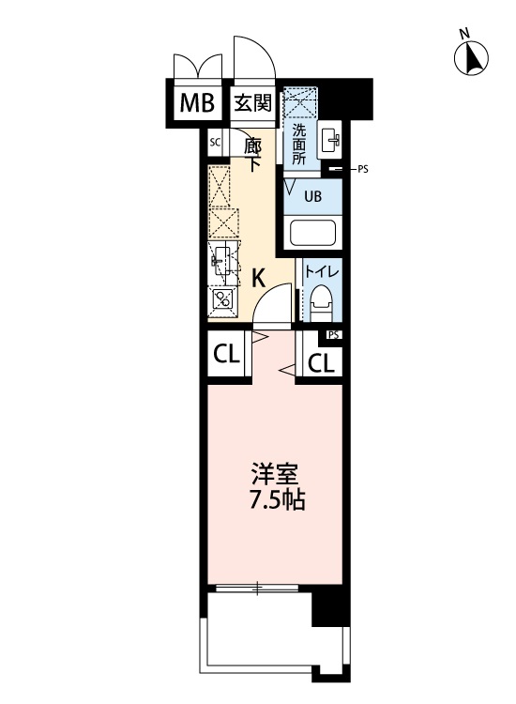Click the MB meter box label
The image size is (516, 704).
[196, 103]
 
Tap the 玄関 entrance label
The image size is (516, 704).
[253, 103]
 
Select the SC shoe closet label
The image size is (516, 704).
[216, 143]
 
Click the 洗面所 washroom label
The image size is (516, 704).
[299, 145]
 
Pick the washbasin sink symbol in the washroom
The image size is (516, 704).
[329, 139]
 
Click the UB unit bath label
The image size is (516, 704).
[312, 196]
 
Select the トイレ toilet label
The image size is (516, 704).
[321, 272]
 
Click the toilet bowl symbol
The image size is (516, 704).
[321, 301]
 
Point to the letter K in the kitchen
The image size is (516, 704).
[258, 279]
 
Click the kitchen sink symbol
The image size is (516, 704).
[222, 260]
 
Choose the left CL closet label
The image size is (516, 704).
[226, 355]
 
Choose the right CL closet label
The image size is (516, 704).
[321, 363]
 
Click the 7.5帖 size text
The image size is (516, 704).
[278, 499]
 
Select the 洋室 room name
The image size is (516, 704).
[274, 476]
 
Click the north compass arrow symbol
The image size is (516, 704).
[471, 58]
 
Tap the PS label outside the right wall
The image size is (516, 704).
[362, 170]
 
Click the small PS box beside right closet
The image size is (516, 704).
[333, 335]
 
